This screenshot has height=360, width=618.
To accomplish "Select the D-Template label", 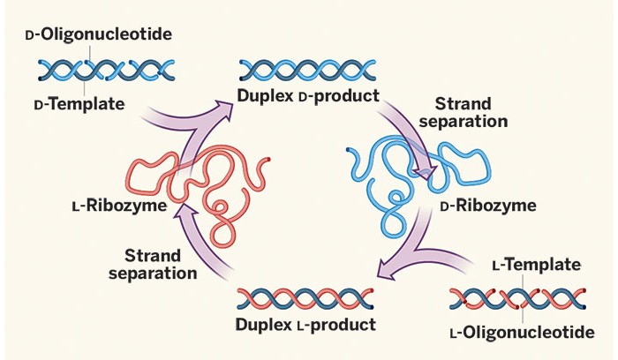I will (x=79, y=104).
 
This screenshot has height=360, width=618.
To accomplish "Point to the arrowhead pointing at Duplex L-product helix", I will (x=384, y=267).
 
